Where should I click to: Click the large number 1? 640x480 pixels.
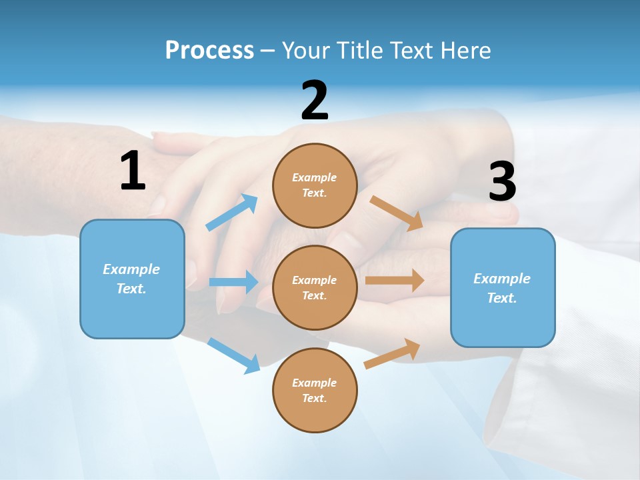(133, 171)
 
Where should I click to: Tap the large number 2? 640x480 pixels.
(315, 101)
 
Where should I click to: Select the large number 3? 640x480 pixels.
(502, 182)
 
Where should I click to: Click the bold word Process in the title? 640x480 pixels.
(209, 50)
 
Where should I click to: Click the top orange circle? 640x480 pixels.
(315, 185)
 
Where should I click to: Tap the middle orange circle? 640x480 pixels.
(315, 287)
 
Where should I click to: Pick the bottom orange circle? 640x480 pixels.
(315, 390)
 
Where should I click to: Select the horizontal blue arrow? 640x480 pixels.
(233, 282)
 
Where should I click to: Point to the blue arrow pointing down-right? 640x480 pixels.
(233, 355)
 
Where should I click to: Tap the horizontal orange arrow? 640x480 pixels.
(395, 281)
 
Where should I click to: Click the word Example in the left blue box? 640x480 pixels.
(131, 269)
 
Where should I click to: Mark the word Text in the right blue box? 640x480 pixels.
(501, 298)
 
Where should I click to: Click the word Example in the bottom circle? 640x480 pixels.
(314, 383)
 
